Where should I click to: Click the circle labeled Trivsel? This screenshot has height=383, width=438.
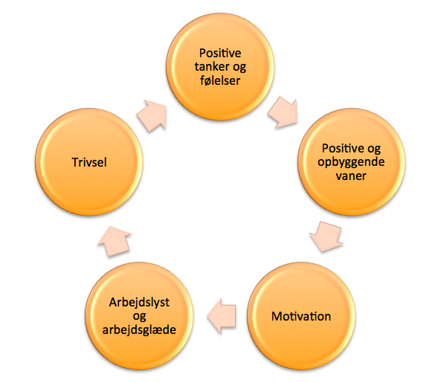pyautogui.click(x=88, y=162)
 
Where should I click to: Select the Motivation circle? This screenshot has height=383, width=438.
pyautogui.click(x=301, y=316)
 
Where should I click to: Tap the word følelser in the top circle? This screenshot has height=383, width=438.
pyautogui.click(x=220, y=80)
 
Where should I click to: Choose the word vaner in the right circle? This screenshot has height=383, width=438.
pyautogui.click(x=351, y=176)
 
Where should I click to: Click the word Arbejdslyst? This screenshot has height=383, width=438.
pyautogui.click(x=139, y=303)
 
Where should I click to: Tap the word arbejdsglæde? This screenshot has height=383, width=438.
pyautogui.click(x=139, y=330)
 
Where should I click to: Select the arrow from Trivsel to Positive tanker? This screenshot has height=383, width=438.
pyautogui.click(x=152, y=115)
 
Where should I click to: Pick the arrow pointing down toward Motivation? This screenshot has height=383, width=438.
pyautogui.click(x=326, y=236)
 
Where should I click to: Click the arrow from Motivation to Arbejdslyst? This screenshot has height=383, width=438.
pyautogui.click(x=222, y=316)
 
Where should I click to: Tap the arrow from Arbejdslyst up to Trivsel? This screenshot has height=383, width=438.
pyautogui.click(x=115, y=241)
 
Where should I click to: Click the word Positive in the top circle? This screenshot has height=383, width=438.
pyautogui.click(x=220, y=53)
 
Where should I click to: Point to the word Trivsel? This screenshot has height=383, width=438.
pyautogui.click(x=89, y=162)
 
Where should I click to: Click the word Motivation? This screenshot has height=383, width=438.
pyautogui.click(x=301, y=316)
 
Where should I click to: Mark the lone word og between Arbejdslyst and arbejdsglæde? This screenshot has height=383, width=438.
pyautogui.click(x=139, y=317)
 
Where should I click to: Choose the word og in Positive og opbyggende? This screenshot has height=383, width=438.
pyautogui.click(x=374, y=149)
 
